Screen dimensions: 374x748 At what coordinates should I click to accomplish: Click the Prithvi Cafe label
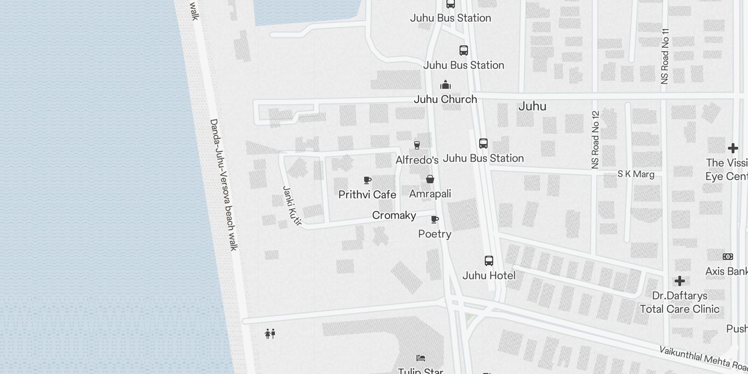point(367,194)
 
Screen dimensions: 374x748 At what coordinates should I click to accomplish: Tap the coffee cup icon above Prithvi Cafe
point(367,180)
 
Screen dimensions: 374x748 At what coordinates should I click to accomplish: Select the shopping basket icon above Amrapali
point(430,179)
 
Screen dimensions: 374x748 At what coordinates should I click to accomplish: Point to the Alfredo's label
point(417,160)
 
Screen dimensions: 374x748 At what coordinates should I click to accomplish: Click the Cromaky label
point(394,215)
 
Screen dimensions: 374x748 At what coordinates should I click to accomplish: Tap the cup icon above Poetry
point(435,219)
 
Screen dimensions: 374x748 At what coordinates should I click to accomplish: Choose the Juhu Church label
point(445,99)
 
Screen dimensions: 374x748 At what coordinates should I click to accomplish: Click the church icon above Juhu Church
point(446,85)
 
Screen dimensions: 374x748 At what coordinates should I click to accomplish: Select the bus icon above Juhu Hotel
point(489,261)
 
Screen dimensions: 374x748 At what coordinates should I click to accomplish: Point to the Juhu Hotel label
point(489,275)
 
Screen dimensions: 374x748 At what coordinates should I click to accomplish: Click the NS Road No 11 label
point(665,57)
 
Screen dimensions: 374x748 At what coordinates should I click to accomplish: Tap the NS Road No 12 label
point(595,139)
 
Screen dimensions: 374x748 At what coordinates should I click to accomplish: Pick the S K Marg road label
point(636,174)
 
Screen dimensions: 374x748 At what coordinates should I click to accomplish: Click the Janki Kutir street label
point(292,206)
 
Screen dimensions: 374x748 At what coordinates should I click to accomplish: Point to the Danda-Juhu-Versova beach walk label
point(223,185)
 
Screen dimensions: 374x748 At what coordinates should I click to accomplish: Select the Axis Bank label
point(726,271)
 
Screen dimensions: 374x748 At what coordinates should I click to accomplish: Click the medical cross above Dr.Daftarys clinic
point(680,281)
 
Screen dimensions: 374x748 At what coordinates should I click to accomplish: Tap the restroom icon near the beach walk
point(270,334)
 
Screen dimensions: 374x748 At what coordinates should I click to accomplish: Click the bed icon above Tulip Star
point(421,358)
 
